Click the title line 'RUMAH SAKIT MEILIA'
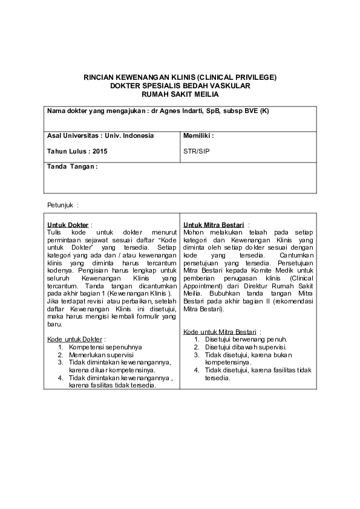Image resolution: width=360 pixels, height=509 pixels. pos(180,95)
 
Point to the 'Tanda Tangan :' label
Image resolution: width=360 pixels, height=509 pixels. pos(72,166)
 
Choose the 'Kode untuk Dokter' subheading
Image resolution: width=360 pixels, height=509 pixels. pos(76,340)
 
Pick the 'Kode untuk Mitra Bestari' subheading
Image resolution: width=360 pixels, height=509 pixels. pos(222,332)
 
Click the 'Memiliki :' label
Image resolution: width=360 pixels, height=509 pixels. pos(198,135)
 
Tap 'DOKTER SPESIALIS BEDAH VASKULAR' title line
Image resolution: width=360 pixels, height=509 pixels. pos(180,86)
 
